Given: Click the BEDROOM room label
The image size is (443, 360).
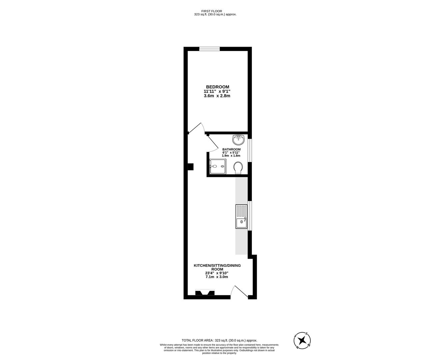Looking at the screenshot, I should (217, 87).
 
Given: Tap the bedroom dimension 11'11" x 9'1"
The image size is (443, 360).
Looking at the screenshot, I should (217, 91).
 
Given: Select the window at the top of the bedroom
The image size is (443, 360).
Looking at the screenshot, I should (210, 49).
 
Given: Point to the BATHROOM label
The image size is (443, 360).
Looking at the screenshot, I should (231, 149).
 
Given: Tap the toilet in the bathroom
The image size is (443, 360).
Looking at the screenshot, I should (238, 167).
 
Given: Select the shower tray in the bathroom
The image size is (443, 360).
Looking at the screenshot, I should (218, 167).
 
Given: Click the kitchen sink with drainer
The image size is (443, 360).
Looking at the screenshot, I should (241, 217).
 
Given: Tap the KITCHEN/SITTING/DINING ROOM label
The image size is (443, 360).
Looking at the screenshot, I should (217, 267).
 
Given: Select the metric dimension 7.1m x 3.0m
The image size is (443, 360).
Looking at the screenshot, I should (217, 277).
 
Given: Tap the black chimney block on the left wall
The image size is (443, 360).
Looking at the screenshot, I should (191, 167).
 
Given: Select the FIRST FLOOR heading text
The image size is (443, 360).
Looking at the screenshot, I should (212, 11).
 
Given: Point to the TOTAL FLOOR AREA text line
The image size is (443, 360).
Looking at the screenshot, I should (219, 340).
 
